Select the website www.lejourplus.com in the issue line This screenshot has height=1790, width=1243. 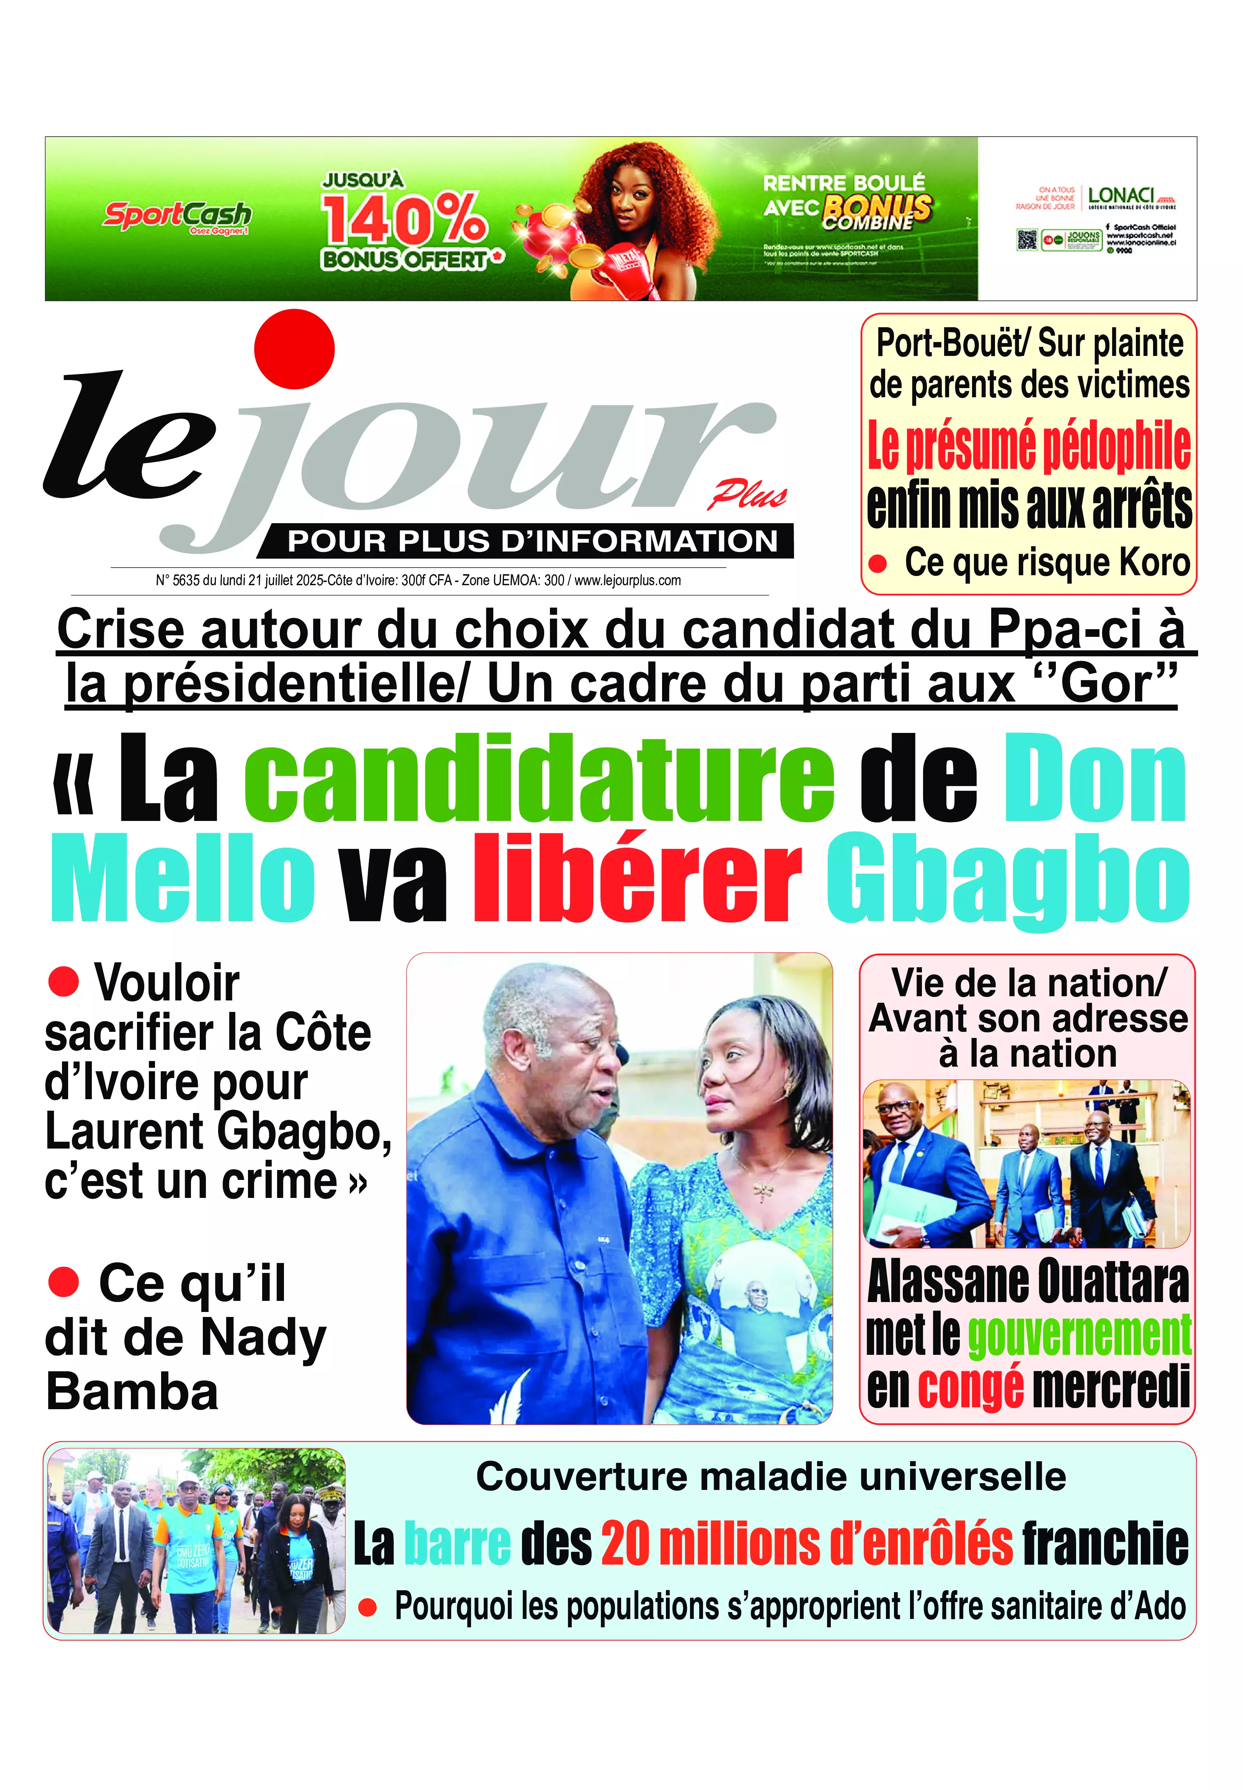click(628, 580)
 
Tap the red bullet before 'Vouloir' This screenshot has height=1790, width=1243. click(64, 982)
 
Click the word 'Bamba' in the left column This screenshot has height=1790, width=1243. click(132, 1392)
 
